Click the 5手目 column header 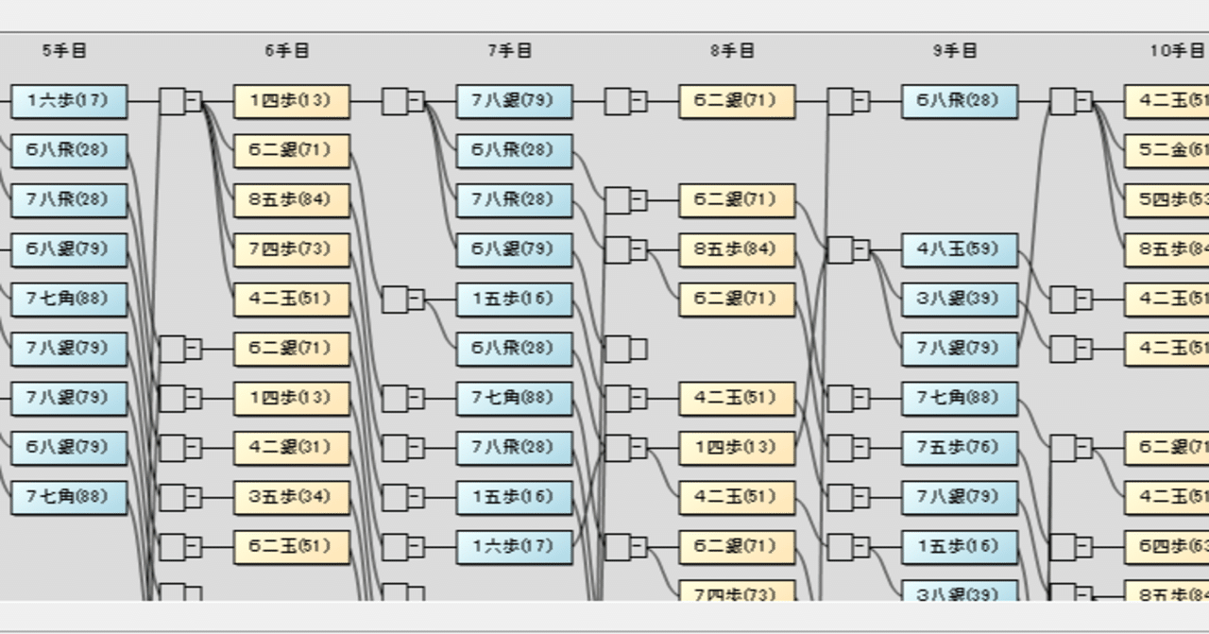pyautogui.click(x=64, y=51)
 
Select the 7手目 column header pyautogui.click(x=510, y=51)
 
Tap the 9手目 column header pyautogui.click(x=956, y=51)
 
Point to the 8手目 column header pyautogui.click(x=733, y=51)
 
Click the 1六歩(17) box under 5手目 pyautogui.click(x=69, y=101)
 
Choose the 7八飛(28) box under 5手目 pyautogui.click(x=69, y=200)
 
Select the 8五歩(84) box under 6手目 pyautogui.click(x=292, y=200)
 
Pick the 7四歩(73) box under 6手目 pyautogui.click(x=292, y=249)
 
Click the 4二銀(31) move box pyautogui.click(x=292, y=448)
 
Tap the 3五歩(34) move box pyautogui.click(x=292, y=497)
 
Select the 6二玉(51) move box pyautogui.click(x=292, y=547)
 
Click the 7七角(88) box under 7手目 pyautogui.click(x=515, y=398)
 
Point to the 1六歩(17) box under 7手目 pyautogui.click(x=515, y=547)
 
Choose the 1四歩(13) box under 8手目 pyautogui.click(x=738, y=448)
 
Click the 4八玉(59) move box pyautogui.click(x=961, y=249)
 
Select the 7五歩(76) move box pyautogui.click(x=961, y=448)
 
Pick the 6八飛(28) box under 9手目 pyautogui.click(x=961, y=101)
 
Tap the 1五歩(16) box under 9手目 pyautogui.click(x=961, y=547)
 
